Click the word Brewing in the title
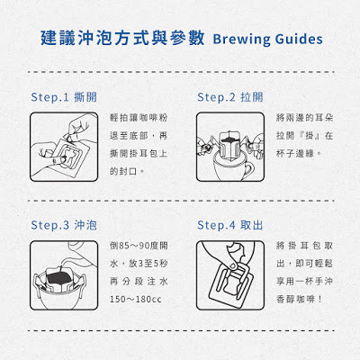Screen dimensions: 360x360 coord(242,40)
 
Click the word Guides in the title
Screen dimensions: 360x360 coord(299,39)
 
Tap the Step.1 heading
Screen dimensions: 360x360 coord(64,97)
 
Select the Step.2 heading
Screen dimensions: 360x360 coord(230,97)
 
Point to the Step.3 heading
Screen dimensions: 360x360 coord(64,225)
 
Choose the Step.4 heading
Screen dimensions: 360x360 coord(230,225)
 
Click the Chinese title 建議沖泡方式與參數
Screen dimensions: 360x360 coord(122,38)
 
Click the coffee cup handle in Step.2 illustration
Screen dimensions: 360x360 coord(250,169)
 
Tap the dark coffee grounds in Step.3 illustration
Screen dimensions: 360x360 coord(60,277)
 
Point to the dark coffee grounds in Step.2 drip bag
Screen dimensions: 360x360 coord(229,139)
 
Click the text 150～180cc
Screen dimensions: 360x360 coord(136,299)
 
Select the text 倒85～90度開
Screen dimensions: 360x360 coord(139,246)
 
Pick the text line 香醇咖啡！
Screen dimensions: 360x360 coord(299,299)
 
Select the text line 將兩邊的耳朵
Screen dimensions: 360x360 coord(304,117)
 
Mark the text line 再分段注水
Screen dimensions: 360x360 coord(139,282)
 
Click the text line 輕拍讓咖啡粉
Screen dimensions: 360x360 coord(139,117)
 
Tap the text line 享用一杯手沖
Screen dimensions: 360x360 coord(304,282)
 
